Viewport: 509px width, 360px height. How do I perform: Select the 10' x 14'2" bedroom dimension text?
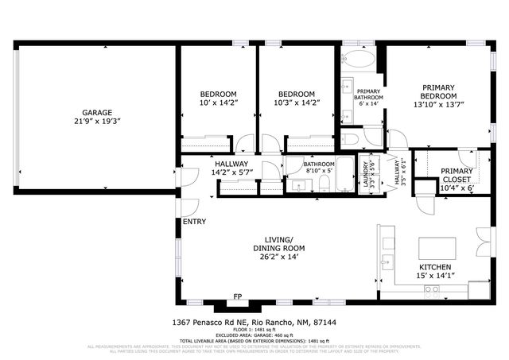[x=217, y=103]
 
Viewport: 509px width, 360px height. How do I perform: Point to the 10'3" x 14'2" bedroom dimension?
[x=295, y=103]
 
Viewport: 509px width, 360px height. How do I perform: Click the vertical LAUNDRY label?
[x=370, y=172]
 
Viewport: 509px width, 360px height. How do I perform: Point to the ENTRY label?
[x=194, y=222]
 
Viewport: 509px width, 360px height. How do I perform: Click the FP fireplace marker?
[x=237, y=297]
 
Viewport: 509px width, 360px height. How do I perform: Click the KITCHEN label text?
[x=436, y=267]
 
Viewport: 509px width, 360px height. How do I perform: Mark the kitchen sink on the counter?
[x=387, y=261]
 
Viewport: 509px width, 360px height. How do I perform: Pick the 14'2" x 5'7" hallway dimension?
[x=231, y=172]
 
